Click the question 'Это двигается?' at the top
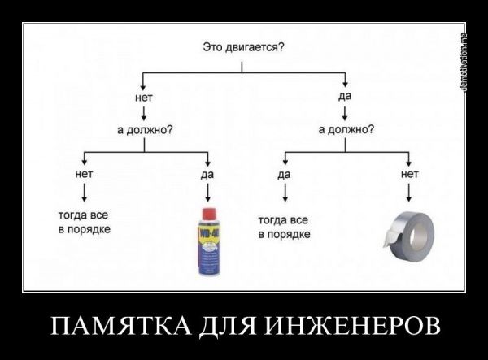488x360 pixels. [x=242, y=47]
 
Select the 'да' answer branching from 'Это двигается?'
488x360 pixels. [x=345, y=98]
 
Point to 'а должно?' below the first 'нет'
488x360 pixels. [x=144, y=130]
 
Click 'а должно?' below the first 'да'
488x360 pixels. [x=346, y=129]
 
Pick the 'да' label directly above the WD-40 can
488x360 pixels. [x=207, y=173]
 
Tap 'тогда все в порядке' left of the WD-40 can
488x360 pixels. [x=84, y=223]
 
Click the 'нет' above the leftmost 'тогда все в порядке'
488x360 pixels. [x=84, y=173]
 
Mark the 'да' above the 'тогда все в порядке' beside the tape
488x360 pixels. [x=284, y=174]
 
